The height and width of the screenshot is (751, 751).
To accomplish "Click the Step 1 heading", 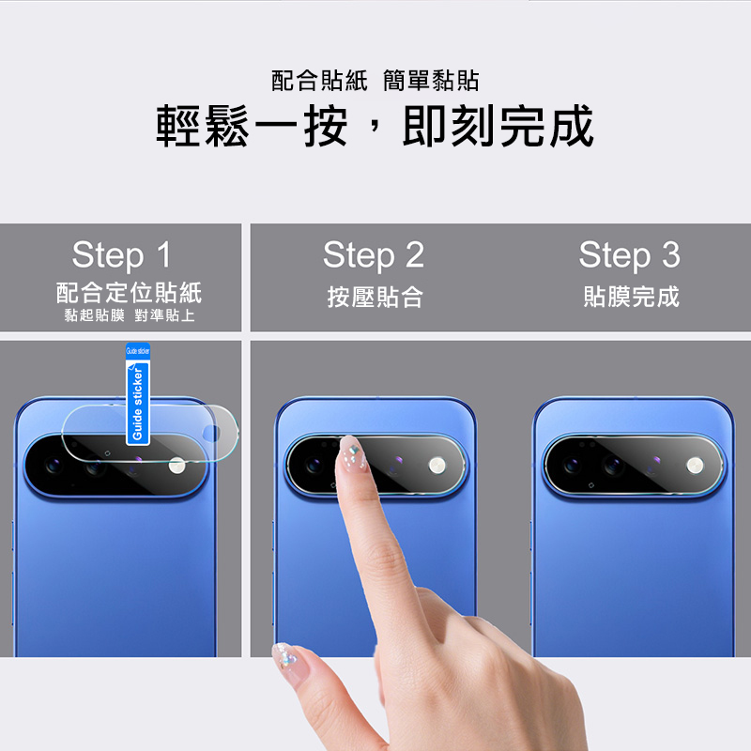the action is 122,254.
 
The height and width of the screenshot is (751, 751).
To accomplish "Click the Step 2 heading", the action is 374,254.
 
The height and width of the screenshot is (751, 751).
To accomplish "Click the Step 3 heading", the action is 629,254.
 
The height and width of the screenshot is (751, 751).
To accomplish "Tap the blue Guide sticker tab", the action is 138,393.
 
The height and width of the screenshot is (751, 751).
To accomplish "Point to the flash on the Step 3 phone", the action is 695,465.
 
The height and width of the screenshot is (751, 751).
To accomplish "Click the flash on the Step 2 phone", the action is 437,465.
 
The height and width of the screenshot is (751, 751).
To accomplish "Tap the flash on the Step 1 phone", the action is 177,466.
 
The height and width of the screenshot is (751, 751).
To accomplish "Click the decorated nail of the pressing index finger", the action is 352,452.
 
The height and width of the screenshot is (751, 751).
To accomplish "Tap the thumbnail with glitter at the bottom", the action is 286,657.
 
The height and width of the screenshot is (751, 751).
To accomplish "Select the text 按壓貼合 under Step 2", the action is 375,297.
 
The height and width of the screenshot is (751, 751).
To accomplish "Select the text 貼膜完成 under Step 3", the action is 631,297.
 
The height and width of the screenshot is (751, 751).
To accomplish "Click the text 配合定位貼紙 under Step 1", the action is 129,293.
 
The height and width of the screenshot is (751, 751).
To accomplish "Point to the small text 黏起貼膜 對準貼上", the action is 130,315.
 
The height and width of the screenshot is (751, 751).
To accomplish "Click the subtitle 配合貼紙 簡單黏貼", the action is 375,81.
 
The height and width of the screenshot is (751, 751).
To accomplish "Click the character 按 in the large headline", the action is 326,126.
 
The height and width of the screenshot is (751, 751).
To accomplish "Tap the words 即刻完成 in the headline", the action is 498,126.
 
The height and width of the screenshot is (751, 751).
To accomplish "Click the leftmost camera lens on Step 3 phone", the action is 572,465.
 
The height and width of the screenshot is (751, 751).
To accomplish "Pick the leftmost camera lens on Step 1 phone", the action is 53,464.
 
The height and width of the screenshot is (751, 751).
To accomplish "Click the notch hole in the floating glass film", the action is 211,434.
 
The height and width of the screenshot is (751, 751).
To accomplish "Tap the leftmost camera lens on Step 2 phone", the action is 314,465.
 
